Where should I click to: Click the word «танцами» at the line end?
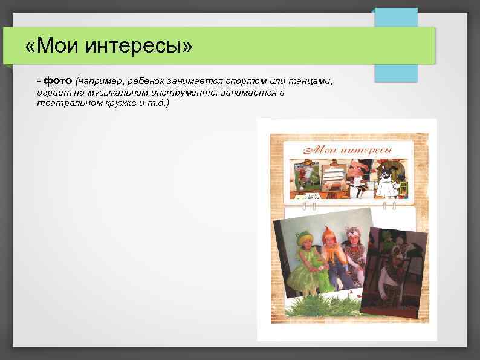point(311,81)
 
